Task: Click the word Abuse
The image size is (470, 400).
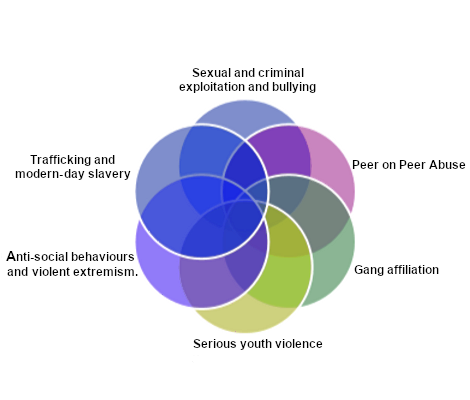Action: click(x=447, y=165)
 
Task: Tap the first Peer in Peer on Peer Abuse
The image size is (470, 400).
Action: click(x=364, y=165)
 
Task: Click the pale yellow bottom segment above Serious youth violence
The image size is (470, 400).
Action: click(x=245, y=317)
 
